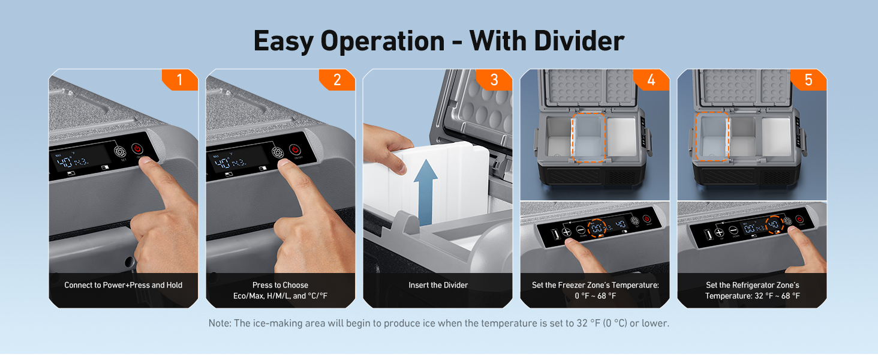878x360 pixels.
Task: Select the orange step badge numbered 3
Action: (495, 80)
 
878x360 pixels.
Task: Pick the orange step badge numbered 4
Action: (651, 80)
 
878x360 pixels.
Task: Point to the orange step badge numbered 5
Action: (808, 80)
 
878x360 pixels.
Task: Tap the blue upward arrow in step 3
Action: (425, 192)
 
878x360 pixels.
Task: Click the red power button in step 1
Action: (137, 149)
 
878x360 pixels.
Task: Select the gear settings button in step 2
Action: (278, 152)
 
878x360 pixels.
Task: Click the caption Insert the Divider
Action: (438, 285)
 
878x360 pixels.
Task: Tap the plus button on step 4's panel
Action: (567, 232)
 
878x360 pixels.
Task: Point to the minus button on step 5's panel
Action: (733, 230)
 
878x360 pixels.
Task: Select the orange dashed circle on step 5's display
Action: (774, 224)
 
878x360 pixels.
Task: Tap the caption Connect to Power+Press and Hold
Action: (123, 285)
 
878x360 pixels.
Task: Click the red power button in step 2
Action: (294, 149)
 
